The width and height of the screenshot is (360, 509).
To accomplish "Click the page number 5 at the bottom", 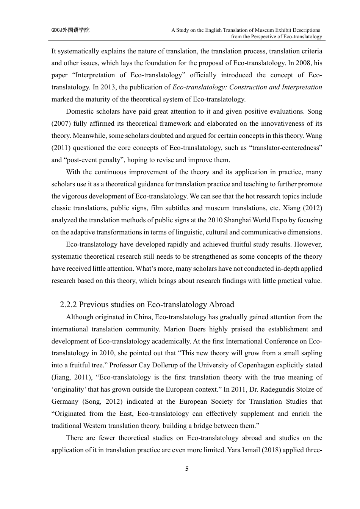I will [x=187, y=469].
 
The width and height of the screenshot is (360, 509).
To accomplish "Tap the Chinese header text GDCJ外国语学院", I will [x=70, y=30].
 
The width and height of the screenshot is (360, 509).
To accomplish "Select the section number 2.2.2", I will [x=69, y=304].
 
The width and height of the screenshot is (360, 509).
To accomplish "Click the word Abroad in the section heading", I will [x=221, y=304].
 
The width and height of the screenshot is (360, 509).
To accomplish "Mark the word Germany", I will [x=64, y=401].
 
